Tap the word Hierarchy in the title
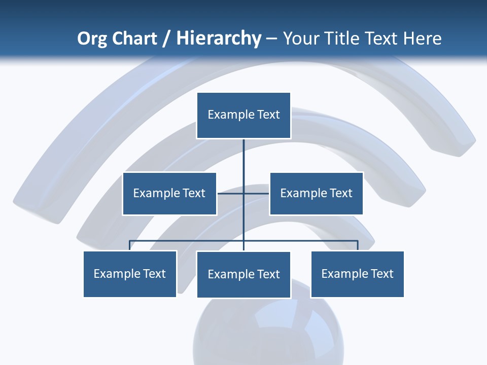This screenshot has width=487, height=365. point(218,39)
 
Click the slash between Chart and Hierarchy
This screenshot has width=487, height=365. point(166,39)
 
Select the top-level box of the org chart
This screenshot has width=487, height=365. point(243,115)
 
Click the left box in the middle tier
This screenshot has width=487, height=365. point(169,193)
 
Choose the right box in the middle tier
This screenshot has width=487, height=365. point(316,193)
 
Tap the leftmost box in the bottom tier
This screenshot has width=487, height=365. point(130,274)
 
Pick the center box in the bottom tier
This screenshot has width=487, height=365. point(243,275)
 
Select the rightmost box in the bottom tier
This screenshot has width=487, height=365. point(357,274)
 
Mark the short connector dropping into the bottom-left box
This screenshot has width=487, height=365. point(130,245)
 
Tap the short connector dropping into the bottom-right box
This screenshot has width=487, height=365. point(358,245)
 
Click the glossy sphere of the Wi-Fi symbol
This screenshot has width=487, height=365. point(268,330)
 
